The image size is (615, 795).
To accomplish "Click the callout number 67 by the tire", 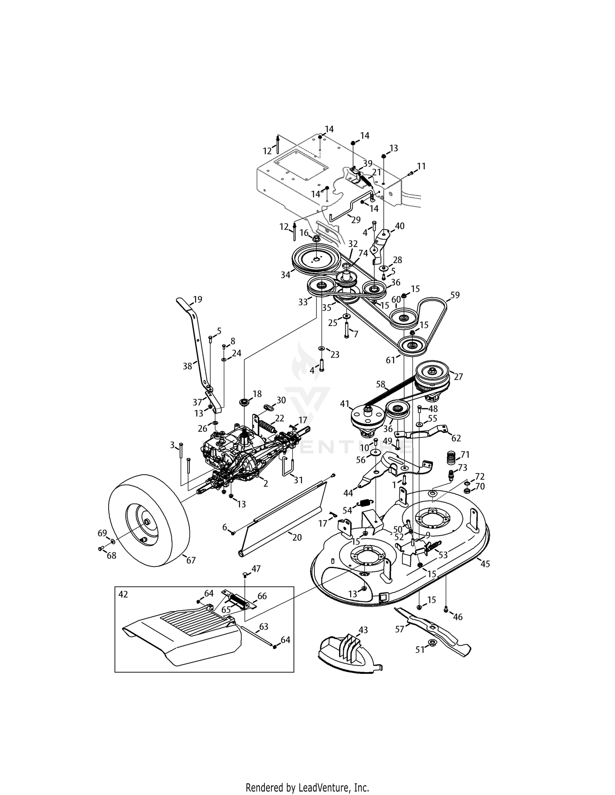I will pos(191,560).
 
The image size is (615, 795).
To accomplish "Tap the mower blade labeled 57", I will pos(435,630).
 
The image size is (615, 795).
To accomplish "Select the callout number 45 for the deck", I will pos(485,564).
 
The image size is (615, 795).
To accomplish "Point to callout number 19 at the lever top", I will pos(197,299).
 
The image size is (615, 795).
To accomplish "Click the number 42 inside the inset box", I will pos(123,594).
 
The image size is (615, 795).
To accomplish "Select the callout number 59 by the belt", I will pos(455,295).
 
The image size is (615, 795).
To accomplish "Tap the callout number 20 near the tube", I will pos(297,537).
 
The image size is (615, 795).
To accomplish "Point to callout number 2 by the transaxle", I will pos(265,484).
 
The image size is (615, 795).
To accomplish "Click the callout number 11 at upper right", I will pos(421,166).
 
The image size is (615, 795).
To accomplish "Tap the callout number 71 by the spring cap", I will pos(465,455).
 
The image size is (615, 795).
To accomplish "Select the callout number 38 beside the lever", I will pos(187,366).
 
